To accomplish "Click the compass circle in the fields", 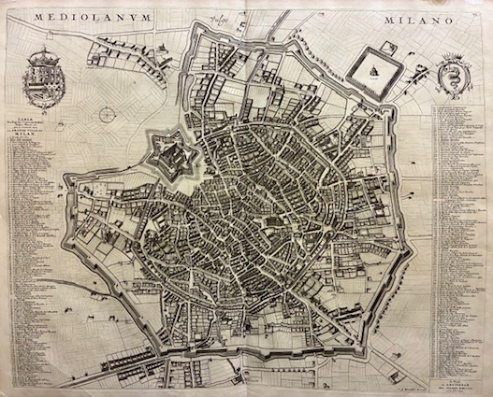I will [x=109, y=114].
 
